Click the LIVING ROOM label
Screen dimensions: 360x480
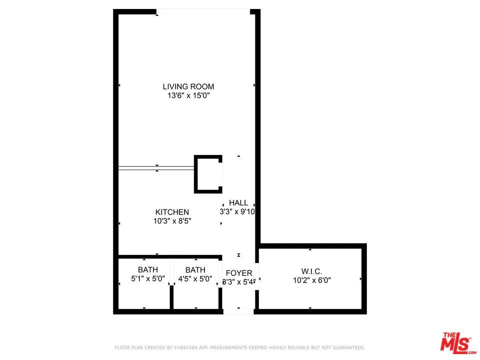(x=188, y=86)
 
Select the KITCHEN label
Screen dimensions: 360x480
(x=172, y=212)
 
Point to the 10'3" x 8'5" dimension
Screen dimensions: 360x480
(x=172, y=220)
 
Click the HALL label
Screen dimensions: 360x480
(x=238, y=202)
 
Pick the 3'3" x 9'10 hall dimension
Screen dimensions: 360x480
(x=238, y=211)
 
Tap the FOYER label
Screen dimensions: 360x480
(x=239, y=273)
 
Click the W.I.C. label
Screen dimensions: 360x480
(x=311, y=271)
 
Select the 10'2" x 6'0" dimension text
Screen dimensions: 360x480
(x=311, y=280)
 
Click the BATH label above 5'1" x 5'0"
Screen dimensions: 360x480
(x=144, y=270)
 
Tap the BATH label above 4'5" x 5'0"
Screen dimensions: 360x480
(x=195, y=270)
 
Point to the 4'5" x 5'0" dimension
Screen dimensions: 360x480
(x=195, y=279)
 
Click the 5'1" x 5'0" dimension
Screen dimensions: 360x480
(x=144, y=279)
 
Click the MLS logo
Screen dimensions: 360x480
(x=456, y=342)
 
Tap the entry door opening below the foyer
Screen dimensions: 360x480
(x=238, y=311)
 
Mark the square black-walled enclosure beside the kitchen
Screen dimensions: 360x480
(x=208, y=174)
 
